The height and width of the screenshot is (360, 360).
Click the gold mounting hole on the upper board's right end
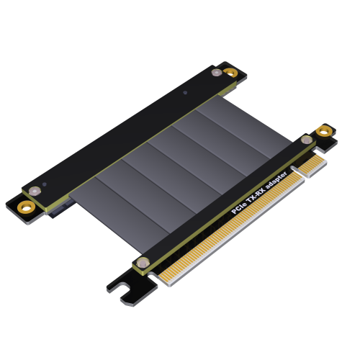coord(230,72)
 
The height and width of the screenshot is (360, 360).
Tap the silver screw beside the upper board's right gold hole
coord(217,72)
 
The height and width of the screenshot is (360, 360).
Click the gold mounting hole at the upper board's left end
coord(26,207)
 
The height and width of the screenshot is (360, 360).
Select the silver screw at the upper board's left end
coord(35,192)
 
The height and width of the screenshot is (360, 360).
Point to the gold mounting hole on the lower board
coord(324,132)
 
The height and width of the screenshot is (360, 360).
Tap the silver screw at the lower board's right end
coord(307,140)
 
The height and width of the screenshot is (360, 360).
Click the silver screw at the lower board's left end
coord(143,263)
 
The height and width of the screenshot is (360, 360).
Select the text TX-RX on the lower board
coord(256,194)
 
